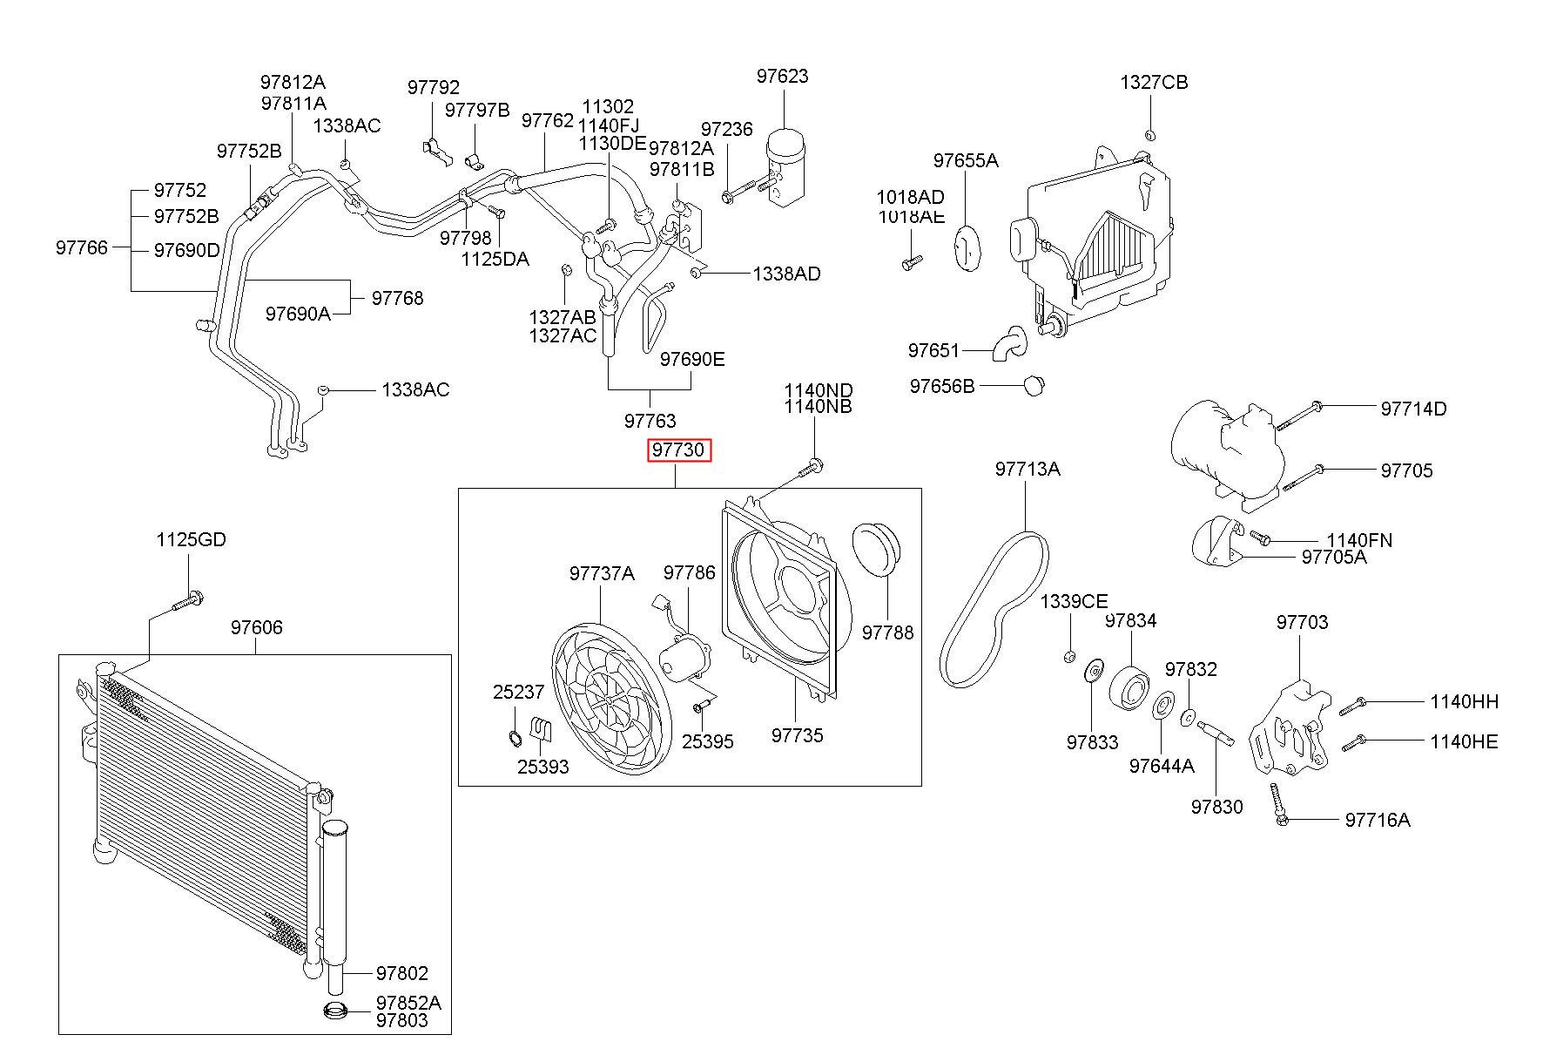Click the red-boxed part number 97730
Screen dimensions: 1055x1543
click(679, 450)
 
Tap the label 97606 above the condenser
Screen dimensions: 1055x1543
click(257, 627)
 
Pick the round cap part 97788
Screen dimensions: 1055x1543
click(878, 550)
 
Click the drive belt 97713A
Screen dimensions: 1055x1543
click(995, 610)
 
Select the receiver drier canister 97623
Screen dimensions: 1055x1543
click(785, 166)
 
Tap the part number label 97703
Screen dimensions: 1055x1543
click(1303, 622)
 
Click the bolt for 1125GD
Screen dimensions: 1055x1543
click(186, 601)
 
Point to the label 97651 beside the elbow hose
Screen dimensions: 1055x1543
click(933, 350)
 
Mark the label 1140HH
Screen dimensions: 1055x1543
click(1464, 701)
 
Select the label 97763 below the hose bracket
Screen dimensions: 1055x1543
click(650, 422)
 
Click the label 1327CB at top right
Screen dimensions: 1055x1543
click(1154, 83)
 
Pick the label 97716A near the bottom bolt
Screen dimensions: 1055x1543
click(1378, 820)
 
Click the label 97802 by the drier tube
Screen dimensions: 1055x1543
click(402, 973)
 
